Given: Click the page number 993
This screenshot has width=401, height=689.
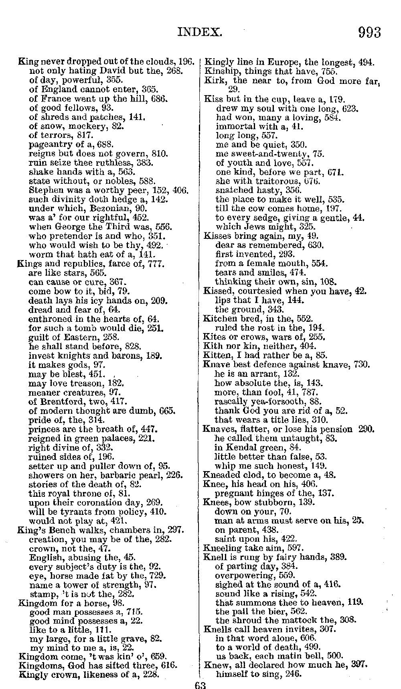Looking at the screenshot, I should click(x=369, y=32).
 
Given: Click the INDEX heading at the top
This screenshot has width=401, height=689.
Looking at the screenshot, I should click(x=199, y=32).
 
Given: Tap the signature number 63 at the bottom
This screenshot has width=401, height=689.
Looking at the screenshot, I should click(x=199, y=685).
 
